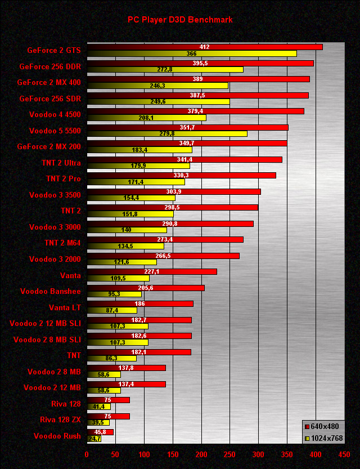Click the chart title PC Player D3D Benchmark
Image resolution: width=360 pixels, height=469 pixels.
[180, 20]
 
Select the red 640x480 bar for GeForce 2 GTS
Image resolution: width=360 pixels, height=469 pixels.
[205, 47]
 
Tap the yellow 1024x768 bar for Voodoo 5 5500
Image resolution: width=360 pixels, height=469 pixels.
[167, 133]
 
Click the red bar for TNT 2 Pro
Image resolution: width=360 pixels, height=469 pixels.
[182, 175]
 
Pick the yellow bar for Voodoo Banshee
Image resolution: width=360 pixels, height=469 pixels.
[114, 294]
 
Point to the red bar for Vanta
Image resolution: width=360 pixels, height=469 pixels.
[152, 271]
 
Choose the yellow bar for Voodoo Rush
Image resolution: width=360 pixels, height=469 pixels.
[94, 439]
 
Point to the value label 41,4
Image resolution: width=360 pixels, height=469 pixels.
[99, 407]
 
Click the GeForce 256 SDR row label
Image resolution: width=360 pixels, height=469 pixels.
[49, 99]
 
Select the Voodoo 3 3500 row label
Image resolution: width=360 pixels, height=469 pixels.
[55, 195]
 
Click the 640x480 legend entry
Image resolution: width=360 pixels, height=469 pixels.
[322, 426]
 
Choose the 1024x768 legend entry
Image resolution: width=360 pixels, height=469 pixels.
[322, 438]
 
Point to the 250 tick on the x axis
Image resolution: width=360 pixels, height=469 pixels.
[229, 454]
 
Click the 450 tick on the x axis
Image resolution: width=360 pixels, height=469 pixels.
[344, 454]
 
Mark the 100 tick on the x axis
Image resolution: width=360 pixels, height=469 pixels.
[144, 454]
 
